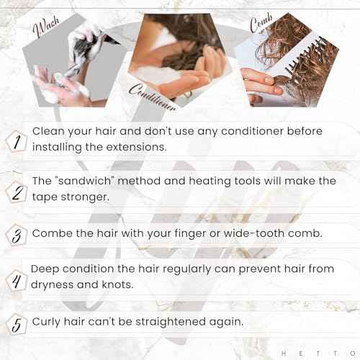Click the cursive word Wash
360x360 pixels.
tap(47, 30)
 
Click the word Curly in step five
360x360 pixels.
tap(48, 320)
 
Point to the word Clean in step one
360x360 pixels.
tap(50, 132)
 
